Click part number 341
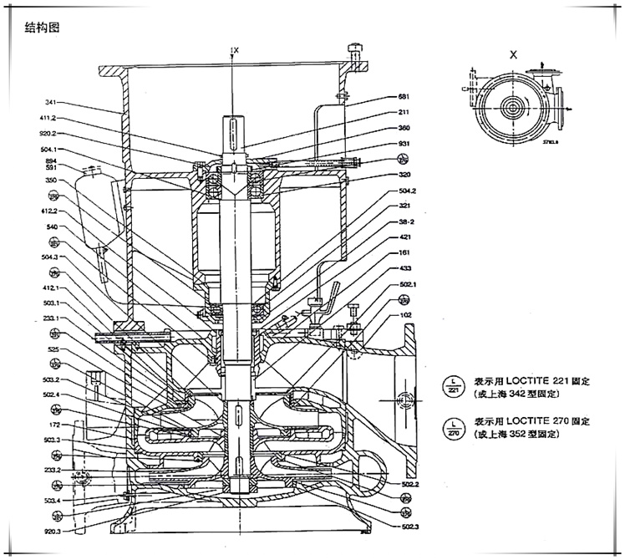click(51, 103)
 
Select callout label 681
click(403, 96)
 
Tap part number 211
click(404, 112)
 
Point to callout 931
click(404, 144)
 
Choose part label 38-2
click(406, 222)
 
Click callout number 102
click(407, 315)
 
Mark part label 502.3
click(409, 525)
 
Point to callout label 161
click(404, 252)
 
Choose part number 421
click(404, 237)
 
